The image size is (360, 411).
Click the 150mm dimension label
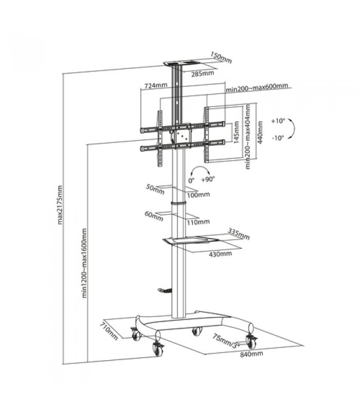point(221,58)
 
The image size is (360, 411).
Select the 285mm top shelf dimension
point(203,74)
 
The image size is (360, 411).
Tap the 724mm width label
point(156,85)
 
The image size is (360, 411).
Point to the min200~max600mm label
point(257,87)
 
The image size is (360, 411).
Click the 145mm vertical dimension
point(236,132)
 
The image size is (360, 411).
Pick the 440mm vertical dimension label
point(260,132)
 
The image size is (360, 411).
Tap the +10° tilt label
point(278,121)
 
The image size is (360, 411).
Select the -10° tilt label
point(278,138)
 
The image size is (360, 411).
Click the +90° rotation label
point(208,179)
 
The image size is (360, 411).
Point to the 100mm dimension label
point(199,195)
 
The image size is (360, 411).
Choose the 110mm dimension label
point(199,222)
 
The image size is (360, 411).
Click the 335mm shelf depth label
point(238,234)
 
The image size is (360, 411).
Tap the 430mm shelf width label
point(221,254)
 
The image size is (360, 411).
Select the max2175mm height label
point(60,205)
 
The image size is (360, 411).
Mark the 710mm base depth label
point(109,331)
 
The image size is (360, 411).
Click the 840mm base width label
point(251,354)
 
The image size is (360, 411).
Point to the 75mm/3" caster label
point(226,341)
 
